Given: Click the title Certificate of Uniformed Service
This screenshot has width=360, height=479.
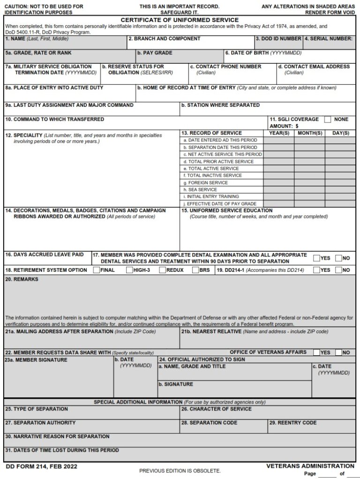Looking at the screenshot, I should [180, 20].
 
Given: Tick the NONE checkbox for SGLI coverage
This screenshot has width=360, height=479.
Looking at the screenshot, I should [328, 119].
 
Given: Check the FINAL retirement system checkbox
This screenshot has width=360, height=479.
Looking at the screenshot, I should [96, 270].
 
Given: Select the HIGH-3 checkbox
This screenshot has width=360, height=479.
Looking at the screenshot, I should [129, 270].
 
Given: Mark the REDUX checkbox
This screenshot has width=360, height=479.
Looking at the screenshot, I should [162, 270].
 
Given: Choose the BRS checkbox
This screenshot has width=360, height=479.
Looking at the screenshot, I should [195, 270].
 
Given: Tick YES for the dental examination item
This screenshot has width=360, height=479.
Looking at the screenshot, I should [316, 258].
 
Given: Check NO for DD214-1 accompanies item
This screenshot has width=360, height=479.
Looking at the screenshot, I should [338, 270].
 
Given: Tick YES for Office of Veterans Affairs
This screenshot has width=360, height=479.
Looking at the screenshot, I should [316, 352].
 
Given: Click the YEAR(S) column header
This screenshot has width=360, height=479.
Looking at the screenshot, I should [279, 133].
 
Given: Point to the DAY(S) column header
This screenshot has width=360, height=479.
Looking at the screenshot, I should [340, 133].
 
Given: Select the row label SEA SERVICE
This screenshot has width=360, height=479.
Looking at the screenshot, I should [200, 189].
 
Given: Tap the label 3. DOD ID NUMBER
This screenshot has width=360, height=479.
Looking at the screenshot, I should [278, 38].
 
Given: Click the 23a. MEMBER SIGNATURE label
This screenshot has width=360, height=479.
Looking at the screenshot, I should [36, 360].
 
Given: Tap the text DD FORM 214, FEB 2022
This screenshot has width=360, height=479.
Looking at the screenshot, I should [41, 466].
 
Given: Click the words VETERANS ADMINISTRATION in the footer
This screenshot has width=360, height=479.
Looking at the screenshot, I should [310, 466].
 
